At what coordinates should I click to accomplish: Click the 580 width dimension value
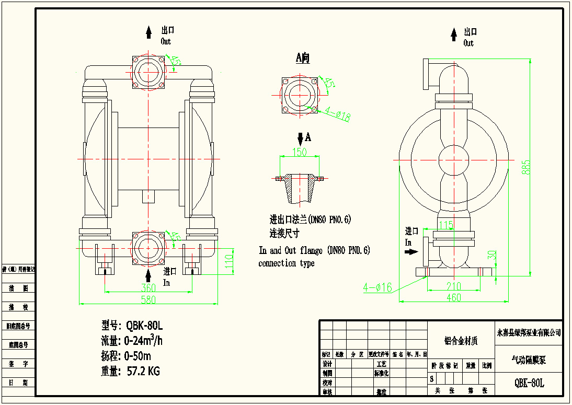[149, 299]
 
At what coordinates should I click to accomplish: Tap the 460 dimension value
[454, 298]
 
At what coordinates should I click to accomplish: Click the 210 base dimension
[454, 286]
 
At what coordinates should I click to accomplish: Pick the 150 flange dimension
[299, 152]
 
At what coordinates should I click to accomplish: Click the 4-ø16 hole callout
[377, 287]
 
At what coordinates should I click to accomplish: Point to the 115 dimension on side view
[445, 225]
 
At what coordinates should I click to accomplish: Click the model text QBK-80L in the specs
[145, 326]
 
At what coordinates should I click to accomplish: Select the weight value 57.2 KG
[143, 372]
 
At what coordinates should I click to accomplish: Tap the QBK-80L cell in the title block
[529, 383]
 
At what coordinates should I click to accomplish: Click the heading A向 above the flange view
[303, 57]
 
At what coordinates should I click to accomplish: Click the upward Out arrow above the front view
[149, 32]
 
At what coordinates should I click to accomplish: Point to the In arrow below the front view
[149, 275]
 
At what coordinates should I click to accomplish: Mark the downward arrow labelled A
[300, 138]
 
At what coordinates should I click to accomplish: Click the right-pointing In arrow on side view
[413, 251]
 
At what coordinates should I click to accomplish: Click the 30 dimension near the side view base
[491, 254]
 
